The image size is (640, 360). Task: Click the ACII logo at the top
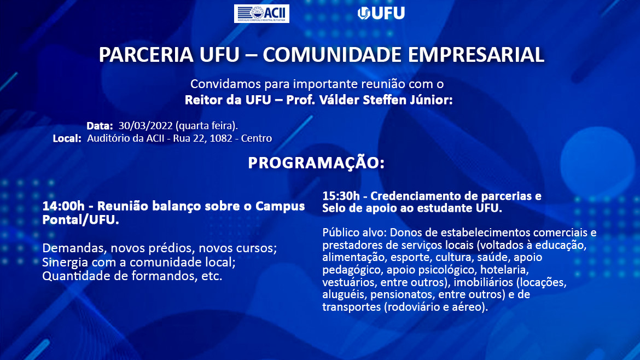(x=261, y=14)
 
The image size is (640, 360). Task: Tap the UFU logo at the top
(x=381, y=13)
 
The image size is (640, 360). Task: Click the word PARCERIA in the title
(x=146, y=55)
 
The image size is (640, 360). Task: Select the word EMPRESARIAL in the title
(x=476, y=55)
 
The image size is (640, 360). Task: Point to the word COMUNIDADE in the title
(x=332, y=55)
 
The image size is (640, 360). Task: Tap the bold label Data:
(x=100, y=126)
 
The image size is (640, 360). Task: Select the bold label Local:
(x=67, y=138)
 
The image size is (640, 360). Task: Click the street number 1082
(x=221, y=138)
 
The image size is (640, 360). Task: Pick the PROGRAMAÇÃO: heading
(x=316, y=163)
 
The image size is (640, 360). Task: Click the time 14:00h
(x=63, y=206)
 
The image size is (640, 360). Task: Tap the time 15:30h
(x=341, y=196)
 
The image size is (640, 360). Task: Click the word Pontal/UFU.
(x=81, y=220)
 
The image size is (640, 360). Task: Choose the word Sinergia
(x=65, y=263)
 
